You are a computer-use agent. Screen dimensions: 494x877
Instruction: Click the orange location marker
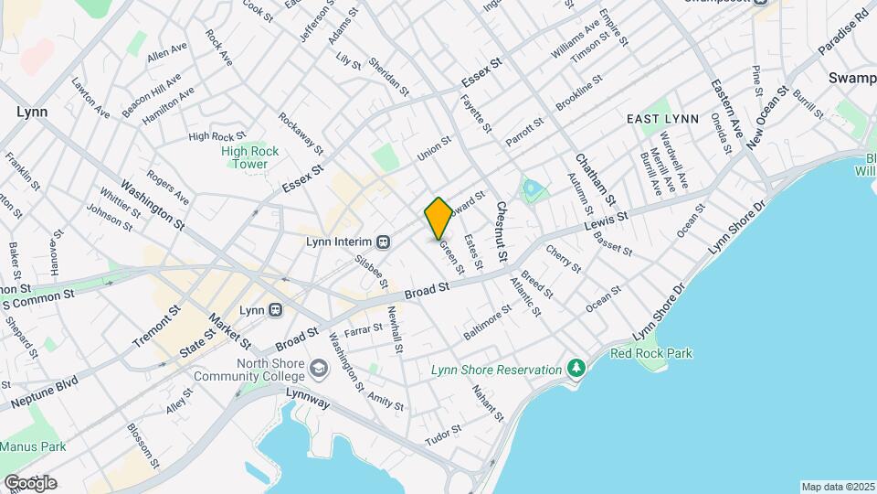(x=438, y=218)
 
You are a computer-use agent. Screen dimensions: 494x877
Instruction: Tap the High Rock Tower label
(x=244, y=157)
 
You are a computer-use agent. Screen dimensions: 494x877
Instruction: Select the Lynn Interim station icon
(x=384, y=242)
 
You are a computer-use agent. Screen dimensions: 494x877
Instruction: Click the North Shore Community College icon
(x=319, y=368)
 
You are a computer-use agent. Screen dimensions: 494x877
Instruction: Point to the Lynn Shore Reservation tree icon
(x=576, y=369)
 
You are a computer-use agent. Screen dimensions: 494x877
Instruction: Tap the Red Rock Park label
(x=651, y=353)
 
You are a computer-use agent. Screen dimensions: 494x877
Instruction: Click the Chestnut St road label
(x=501, y=231)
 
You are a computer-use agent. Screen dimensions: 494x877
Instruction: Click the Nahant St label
(x=488, y=403)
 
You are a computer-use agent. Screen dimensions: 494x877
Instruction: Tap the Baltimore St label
(x=487, y=323)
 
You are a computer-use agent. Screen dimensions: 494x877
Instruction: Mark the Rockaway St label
(x=301, y=134)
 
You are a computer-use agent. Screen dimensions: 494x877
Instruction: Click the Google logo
(x=30, y=483)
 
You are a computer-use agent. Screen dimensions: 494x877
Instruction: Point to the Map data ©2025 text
(x=836, y=487)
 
